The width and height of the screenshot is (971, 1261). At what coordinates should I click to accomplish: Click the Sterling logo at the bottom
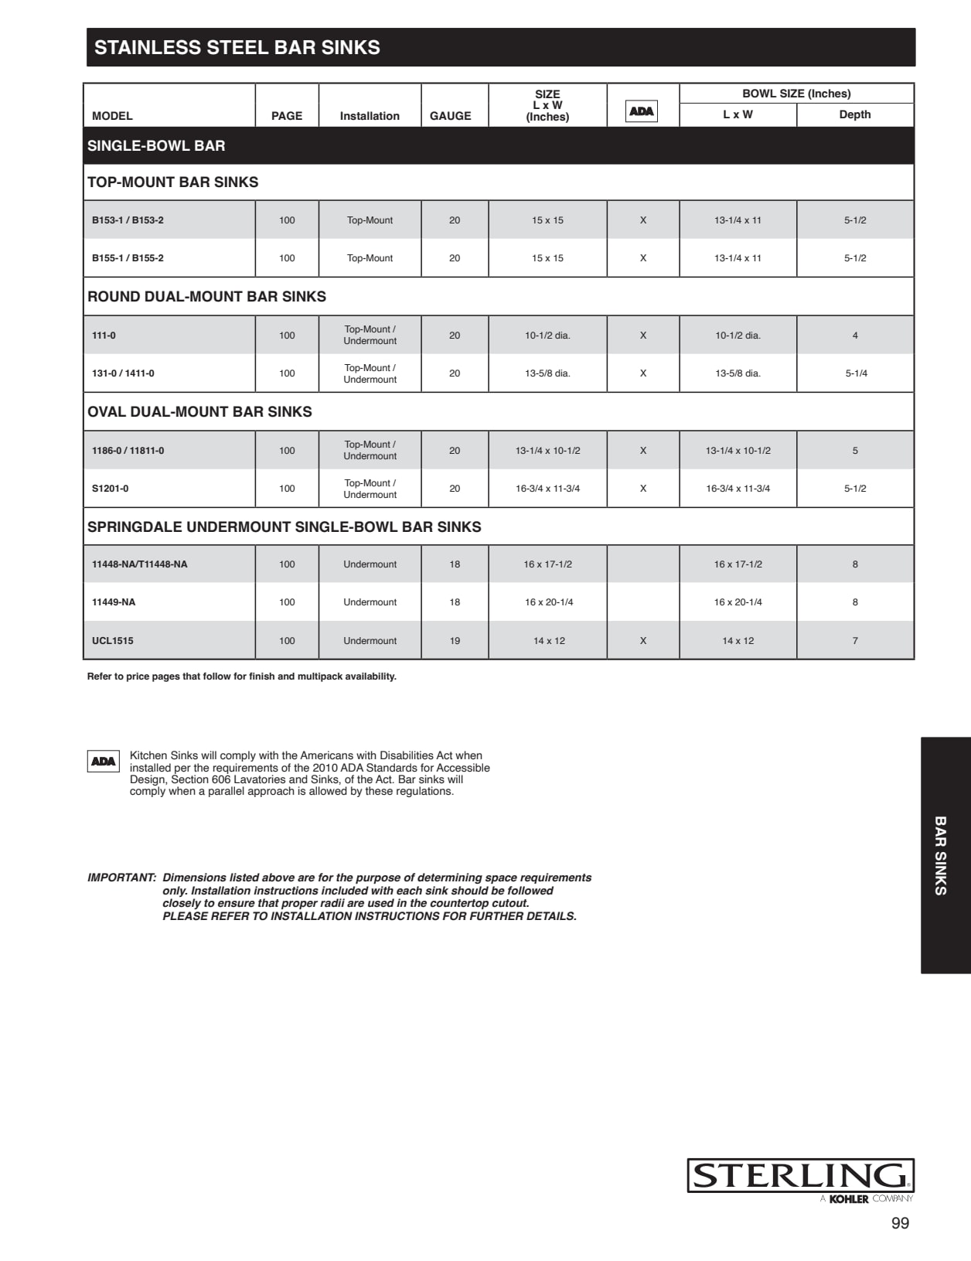[x=800, y=1176]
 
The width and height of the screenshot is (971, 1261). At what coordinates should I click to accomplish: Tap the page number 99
[x=900, y=1223]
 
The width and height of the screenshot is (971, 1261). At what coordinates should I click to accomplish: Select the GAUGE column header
[x=450, y=116]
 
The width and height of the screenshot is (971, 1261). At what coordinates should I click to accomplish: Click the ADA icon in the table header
[x=642, y=111]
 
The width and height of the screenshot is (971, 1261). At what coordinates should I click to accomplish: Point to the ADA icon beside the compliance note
[x=103, y=762]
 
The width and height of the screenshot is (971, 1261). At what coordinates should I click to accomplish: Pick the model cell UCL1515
[x=113, y=641]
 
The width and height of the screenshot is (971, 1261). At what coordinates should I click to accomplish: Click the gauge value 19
[x=455, y=641]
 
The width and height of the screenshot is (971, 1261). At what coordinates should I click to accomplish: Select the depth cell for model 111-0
[x=855, y=336]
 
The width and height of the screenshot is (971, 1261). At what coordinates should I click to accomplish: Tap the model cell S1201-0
[x=111, y=489]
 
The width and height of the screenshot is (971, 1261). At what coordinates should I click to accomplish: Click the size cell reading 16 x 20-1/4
[x=549, y=602]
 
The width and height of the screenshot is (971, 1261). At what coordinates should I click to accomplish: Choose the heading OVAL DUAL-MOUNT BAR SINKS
[x=199, y=412]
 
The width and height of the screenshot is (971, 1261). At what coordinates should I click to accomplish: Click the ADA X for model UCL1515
[x=643, y=641]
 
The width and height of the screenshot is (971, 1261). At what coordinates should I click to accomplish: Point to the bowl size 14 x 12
[x=738, y=641]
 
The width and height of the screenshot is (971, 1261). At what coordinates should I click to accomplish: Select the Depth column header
[x=855, y=114]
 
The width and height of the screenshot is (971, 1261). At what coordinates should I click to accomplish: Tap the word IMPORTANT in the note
[x=121, y=878]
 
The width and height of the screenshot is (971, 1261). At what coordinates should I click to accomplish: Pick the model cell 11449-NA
[x=114, y=602]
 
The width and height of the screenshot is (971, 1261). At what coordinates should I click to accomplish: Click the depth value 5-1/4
[x=856, y=373]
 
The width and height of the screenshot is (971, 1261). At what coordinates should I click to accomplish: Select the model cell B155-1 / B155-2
[x=128, y=258]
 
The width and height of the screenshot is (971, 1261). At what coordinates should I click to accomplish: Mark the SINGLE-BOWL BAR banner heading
[x=156, y=146]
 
